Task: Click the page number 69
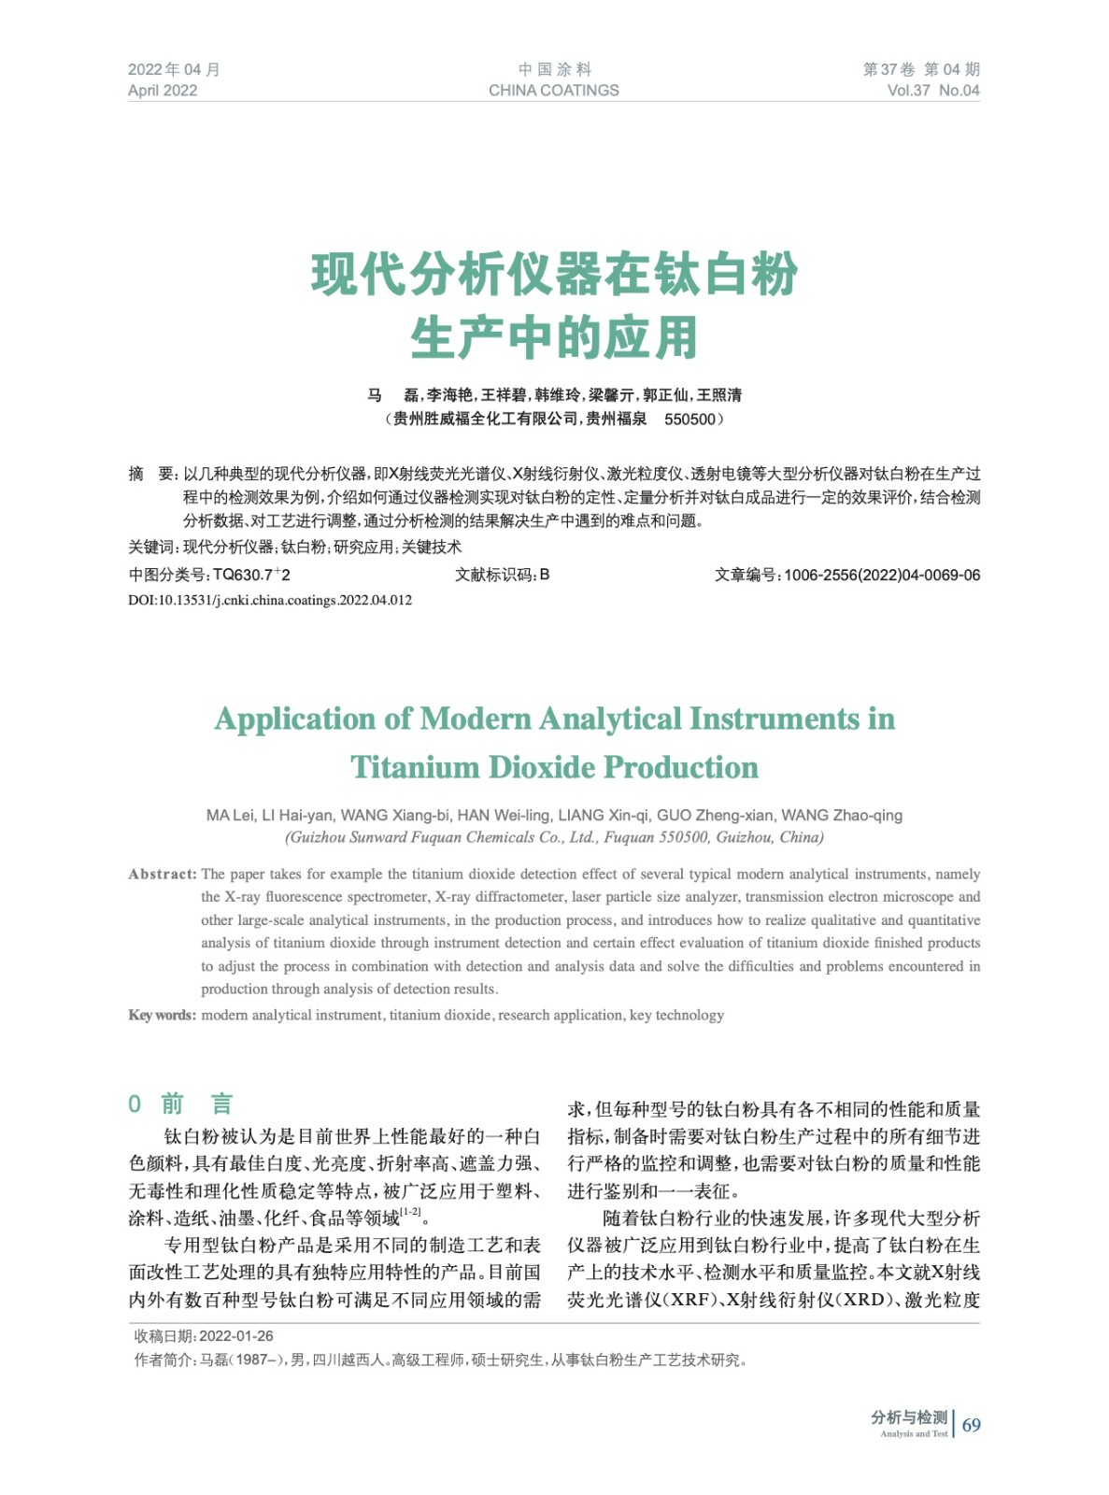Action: click(x=972, y=1425)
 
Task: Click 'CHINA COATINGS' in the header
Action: click(x=553, y=91)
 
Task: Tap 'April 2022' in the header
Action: click(x=163, y=91)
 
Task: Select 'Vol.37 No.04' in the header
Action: click(x=932, y=91)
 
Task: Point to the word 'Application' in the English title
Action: click(x=296, y=719)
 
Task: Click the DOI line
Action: click(x=270, y=600)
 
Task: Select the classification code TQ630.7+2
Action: click(x=251, y=575)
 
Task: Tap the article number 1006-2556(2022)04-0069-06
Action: click(x=882, y=575)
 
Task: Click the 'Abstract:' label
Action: click(x=163, y=874)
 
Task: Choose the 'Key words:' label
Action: click(x=162, y=1015)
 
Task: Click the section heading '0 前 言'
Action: click(x=179, y=1103)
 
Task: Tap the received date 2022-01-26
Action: click(x=236, y=1336)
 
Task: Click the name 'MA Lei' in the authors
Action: click(x=230, y=815)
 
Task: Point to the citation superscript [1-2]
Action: click(x=410, y=1212)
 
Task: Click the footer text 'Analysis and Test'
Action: click(x=913, y=1434)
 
